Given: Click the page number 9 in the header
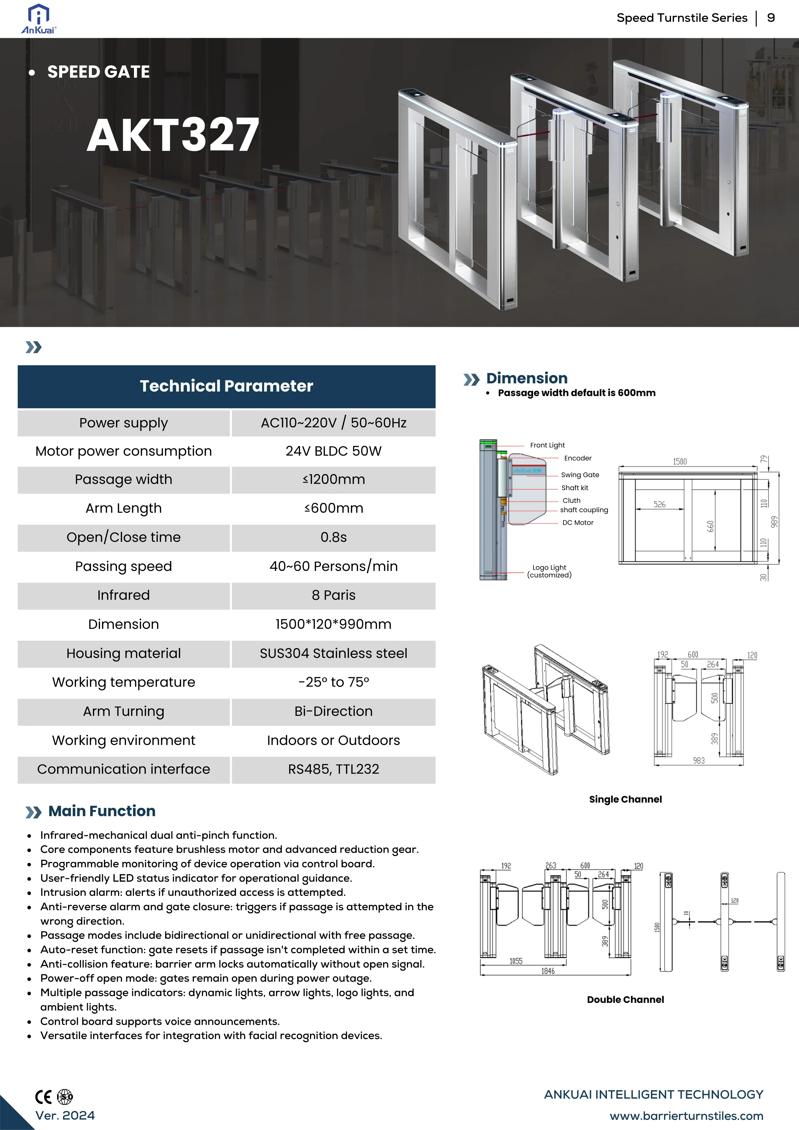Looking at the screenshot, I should pyautogui.click(x=771, y=18).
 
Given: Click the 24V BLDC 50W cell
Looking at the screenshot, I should pyautogui.click(x=333, y=451).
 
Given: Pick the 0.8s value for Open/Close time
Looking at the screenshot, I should pyautogui.click(x=333, y=537).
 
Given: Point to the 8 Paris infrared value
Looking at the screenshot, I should pyautogui.click(x=333, y=596).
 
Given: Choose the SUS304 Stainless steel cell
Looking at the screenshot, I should pyautogui.click(x=333, y=654).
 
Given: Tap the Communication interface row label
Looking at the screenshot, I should pyautogui.click(x=123, y=769).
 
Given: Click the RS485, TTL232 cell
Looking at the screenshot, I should pyautogui.click(x=333, y=769).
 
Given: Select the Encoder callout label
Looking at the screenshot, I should pyautogui.click(x=577, y=458).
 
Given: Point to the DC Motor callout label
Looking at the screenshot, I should pyautogui.click(x=577, y=523).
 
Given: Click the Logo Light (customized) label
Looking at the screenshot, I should pyautogui.click(x=550, y=571).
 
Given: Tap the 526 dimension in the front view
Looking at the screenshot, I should pyautogui.click(x=659, y=505).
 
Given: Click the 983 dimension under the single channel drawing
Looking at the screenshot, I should pyautogui.click(x=699, y=761).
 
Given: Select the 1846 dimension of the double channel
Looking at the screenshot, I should pyautogui.click(x=548, y=971).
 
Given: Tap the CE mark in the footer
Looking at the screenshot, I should pyautogui.click(x=43, y=1097).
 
